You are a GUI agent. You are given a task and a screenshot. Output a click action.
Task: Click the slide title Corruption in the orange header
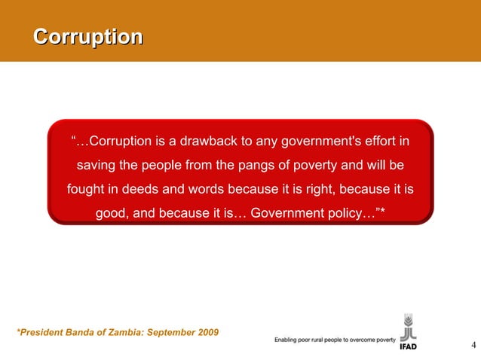pyautogui.click(x=89, y=37)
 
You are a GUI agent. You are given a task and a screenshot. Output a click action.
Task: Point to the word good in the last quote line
pyautogui.click(x=112, y=213)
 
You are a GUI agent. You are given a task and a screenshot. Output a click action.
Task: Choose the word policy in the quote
pyautogui.click(x=343, y=213)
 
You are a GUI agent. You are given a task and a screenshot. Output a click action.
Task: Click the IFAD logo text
pyautogui.click(x=408, y=347)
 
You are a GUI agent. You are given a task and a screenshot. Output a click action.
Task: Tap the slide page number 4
pyautogui.click(x=473, y=346)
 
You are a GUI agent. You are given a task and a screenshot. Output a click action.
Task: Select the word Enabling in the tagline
pyautogui.click(x=286, y=340)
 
